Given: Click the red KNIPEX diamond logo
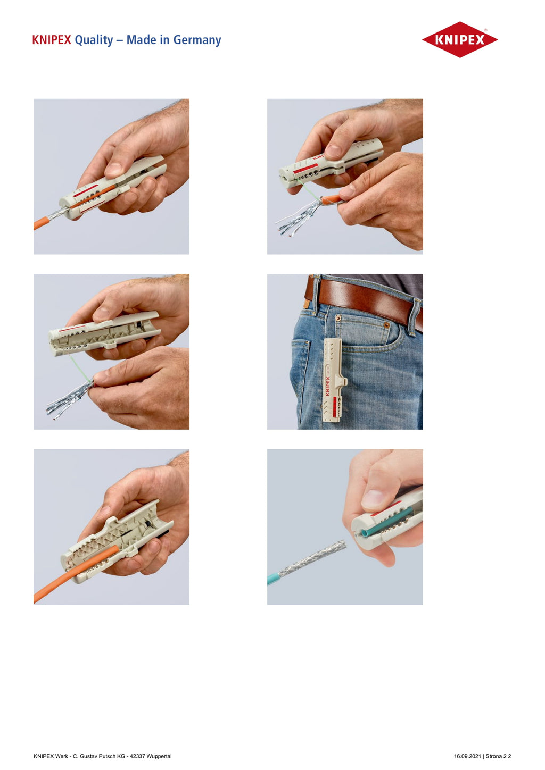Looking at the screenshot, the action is (459, 39).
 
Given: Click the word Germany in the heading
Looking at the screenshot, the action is (197, 40).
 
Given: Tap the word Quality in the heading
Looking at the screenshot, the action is (94, 40).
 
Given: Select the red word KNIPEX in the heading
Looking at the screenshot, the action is (52, 40).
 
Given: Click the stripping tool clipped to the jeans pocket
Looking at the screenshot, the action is (334, 380).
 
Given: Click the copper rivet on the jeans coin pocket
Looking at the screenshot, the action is (387, 324).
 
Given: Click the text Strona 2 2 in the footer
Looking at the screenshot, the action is (498, 756).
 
